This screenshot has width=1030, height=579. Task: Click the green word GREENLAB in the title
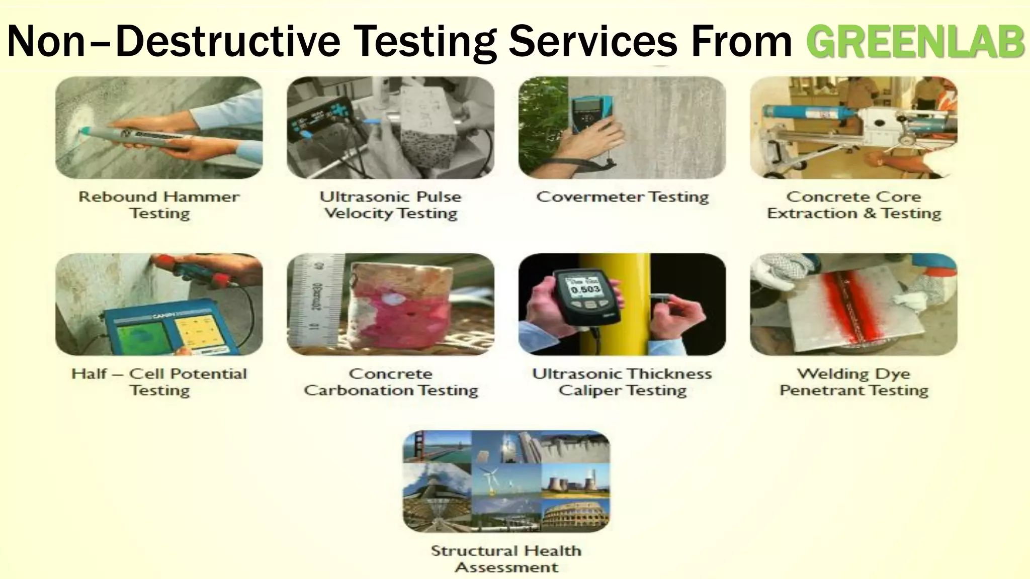pos(915,41)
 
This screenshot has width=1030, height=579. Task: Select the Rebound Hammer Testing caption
pos(159,205)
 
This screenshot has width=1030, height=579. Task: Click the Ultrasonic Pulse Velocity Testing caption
pos(390,205)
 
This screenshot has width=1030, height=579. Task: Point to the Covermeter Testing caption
pos(622,197)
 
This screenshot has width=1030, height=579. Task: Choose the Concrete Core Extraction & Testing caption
pos(853,205)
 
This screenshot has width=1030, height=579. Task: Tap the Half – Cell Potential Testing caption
pos(159,381)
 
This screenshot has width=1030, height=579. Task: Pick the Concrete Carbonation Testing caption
pos(390,381)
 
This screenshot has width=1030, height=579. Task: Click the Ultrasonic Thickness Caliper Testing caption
pos(622,381)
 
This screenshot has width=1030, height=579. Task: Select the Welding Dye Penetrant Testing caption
pos(853,381)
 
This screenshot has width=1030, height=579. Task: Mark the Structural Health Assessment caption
pos(506,558)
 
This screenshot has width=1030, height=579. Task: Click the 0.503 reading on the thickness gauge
pos(585,289)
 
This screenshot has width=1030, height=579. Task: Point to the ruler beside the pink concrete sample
pos(317,302)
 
